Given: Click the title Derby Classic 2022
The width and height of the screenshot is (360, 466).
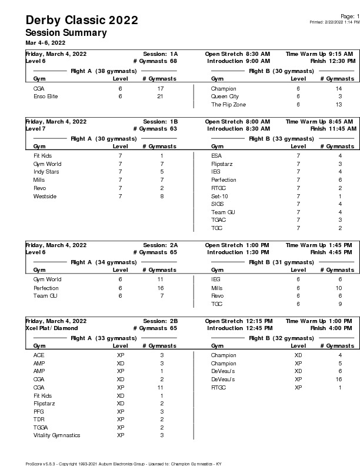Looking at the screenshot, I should (82, 21).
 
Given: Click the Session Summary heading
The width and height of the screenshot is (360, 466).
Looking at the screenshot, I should (66, 33).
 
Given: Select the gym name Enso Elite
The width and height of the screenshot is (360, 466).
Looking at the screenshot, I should (45, 96).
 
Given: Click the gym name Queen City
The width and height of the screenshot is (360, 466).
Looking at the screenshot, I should (225, 96).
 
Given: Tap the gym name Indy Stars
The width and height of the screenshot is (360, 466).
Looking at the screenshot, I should (46, 172).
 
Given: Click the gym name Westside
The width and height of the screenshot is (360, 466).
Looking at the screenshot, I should (45, 196).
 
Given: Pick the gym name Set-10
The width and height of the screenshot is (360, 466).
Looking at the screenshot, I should (219, 196).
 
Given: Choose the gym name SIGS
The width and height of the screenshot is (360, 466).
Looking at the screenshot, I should (218, 204).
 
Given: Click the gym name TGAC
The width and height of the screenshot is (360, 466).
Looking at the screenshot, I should (218, 219).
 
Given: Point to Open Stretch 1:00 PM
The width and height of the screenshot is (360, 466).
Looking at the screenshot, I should (237, 245).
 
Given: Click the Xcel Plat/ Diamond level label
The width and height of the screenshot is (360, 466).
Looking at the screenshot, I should (51, 328).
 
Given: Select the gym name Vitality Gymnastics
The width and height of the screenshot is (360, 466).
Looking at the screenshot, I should (56, 435).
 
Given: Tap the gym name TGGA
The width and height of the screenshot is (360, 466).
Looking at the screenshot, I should (42, 427).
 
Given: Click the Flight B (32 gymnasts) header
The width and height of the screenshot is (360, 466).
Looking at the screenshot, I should (273, 338).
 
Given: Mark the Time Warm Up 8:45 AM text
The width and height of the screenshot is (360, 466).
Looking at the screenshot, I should (320, 121).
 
